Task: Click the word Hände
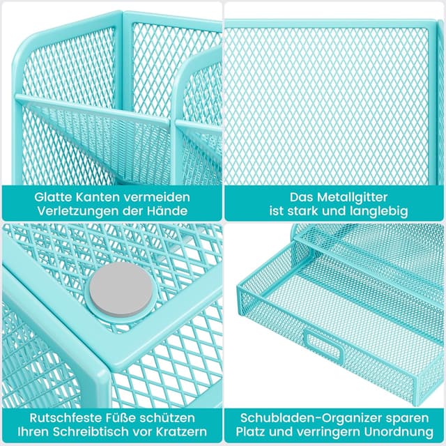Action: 171,211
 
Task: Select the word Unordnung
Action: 397,433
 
